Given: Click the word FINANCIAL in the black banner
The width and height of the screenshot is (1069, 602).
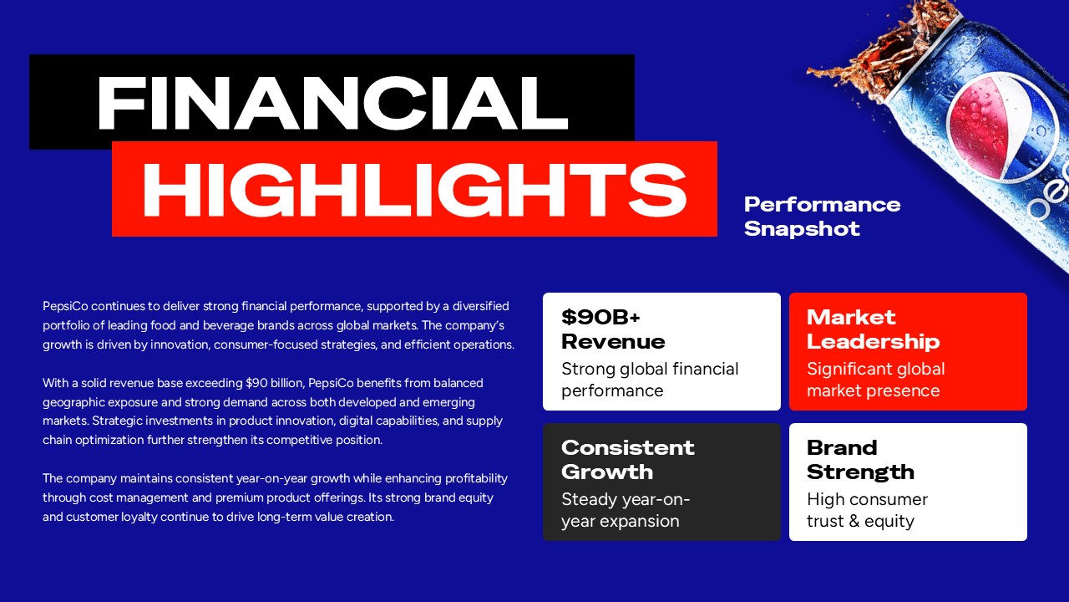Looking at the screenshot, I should coord(332,104).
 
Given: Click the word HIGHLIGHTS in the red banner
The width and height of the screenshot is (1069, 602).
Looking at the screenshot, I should coord(414,191).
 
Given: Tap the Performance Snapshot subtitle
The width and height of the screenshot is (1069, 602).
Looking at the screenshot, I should coord(821,217).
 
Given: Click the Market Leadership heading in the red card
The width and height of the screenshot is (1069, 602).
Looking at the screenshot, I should coord(872,329).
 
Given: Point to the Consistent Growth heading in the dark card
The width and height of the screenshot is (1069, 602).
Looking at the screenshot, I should coord(627,460).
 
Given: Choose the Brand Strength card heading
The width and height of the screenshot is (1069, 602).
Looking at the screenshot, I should coord(859,460).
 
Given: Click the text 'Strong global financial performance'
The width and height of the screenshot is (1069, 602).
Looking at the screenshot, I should coord(649,380).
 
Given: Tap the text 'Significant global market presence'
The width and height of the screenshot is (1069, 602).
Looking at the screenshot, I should coord(874,380).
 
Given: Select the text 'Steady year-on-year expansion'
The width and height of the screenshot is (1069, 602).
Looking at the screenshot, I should coord(625,510).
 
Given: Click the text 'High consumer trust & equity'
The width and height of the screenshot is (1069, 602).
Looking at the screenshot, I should coord(866,510).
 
